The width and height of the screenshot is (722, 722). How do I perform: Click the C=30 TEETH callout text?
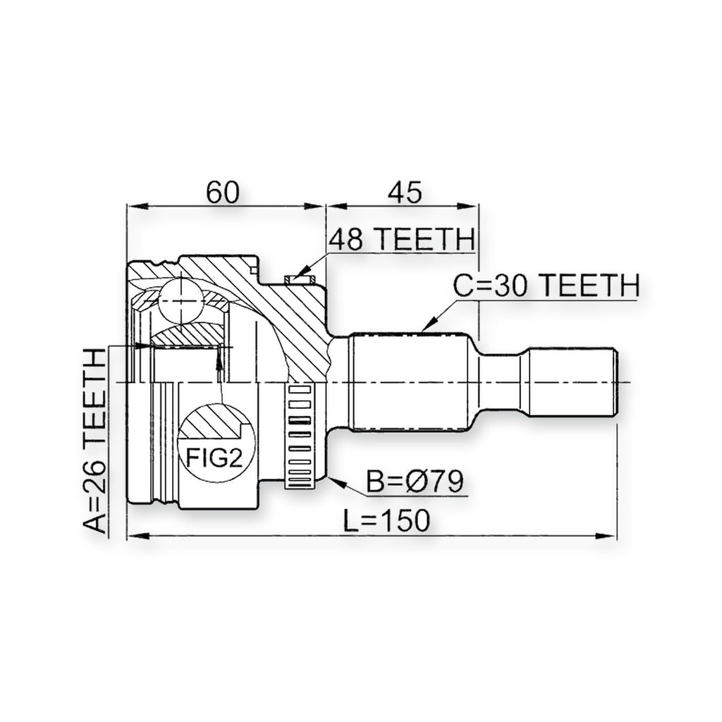click(546, 286)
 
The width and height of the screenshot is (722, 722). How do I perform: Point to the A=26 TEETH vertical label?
click(94, 441)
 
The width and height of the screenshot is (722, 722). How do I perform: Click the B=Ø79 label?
click(415, 482)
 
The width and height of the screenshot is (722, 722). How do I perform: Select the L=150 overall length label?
click(387, 520)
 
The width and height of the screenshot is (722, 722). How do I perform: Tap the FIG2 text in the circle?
click(214, 458)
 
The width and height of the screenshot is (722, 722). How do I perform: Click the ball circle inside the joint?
click(181, 300)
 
